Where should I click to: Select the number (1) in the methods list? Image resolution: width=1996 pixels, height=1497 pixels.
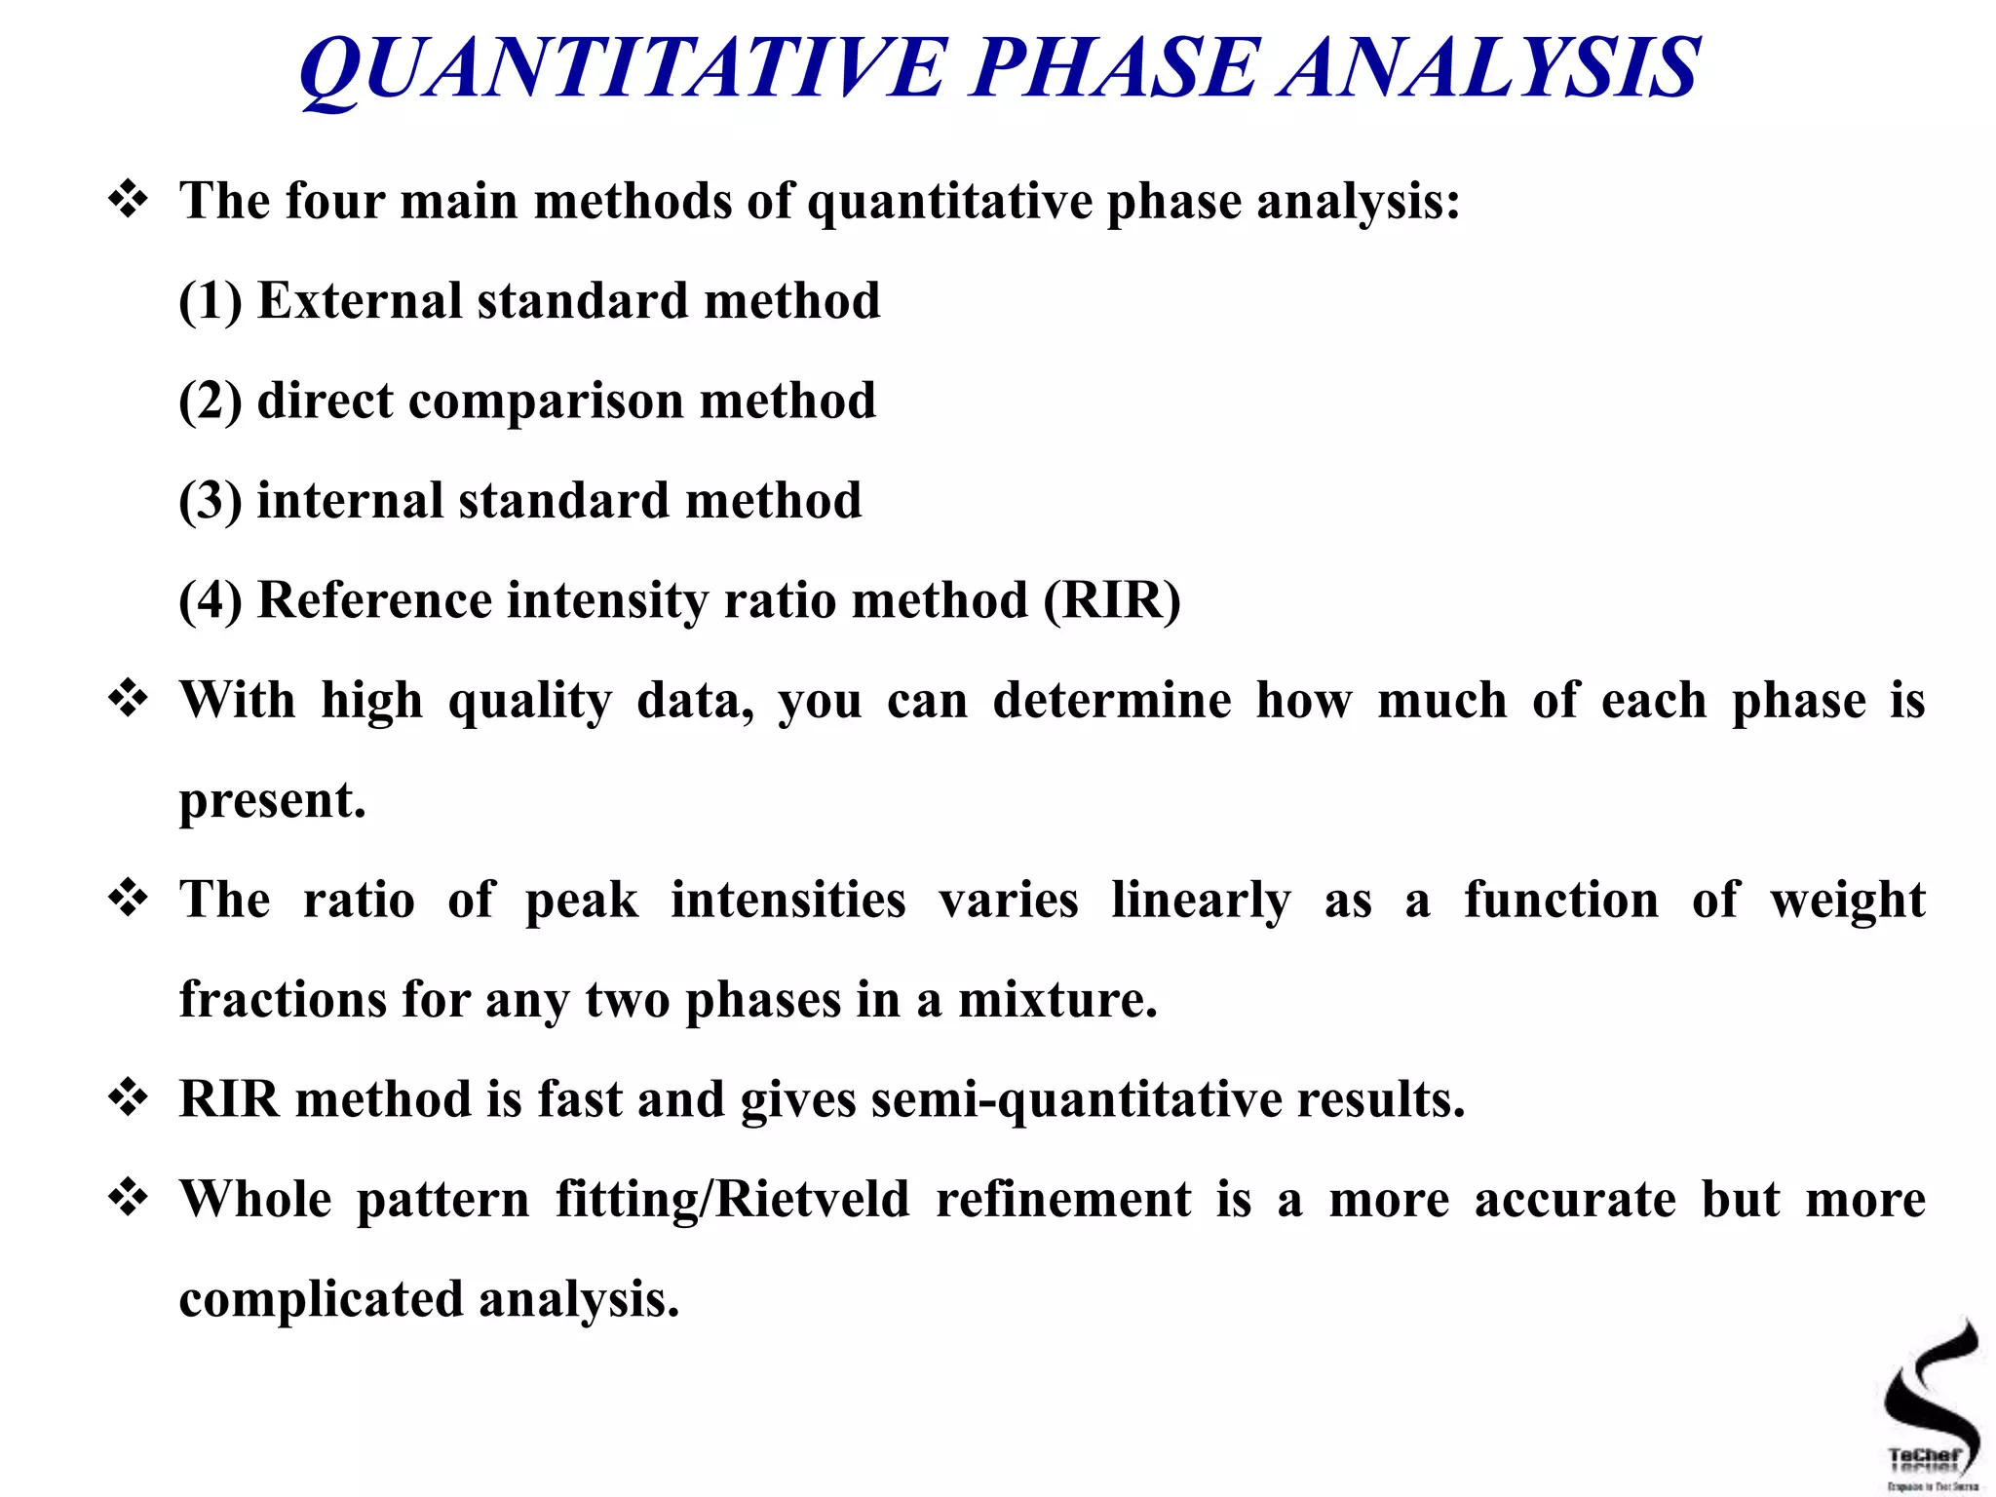pos(211,301)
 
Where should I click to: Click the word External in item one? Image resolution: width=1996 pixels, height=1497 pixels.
pos(359,301)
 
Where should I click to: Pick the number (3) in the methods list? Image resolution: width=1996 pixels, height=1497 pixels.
pos(211,501)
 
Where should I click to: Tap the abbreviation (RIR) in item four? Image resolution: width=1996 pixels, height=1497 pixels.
pos(1112,600)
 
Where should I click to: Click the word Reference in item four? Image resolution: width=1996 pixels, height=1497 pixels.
pos(374,600)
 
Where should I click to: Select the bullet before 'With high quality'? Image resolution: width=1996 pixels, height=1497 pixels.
pos(128,699)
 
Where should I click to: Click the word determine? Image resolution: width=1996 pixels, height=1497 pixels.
pos(1112,701)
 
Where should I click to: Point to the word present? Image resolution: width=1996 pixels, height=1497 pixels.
pos(271,801)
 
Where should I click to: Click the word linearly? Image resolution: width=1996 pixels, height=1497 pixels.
pos(1201,900)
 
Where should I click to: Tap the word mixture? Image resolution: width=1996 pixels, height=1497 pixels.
pos(1057,1000)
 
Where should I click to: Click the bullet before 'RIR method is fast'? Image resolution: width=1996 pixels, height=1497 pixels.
pos(128,1098)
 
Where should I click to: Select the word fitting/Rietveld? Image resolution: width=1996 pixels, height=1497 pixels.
pos(732,1200)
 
